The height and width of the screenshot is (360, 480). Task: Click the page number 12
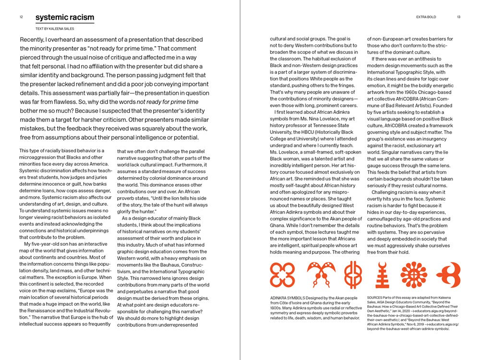pos(22,17)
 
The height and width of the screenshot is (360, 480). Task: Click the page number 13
pos(459,17)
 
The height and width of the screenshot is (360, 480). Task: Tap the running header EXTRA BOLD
pos(426,17)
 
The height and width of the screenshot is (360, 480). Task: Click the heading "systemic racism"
pos(64,18)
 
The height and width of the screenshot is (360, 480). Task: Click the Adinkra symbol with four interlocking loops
pos(282,275)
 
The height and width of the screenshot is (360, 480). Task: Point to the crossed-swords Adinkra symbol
pos(321,275)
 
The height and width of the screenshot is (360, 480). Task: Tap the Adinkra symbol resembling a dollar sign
pos(353,275)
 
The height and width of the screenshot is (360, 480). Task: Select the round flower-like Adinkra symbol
pos(414,275)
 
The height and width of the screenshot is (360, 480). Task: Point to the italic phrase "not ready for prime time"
pos(167,102)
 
